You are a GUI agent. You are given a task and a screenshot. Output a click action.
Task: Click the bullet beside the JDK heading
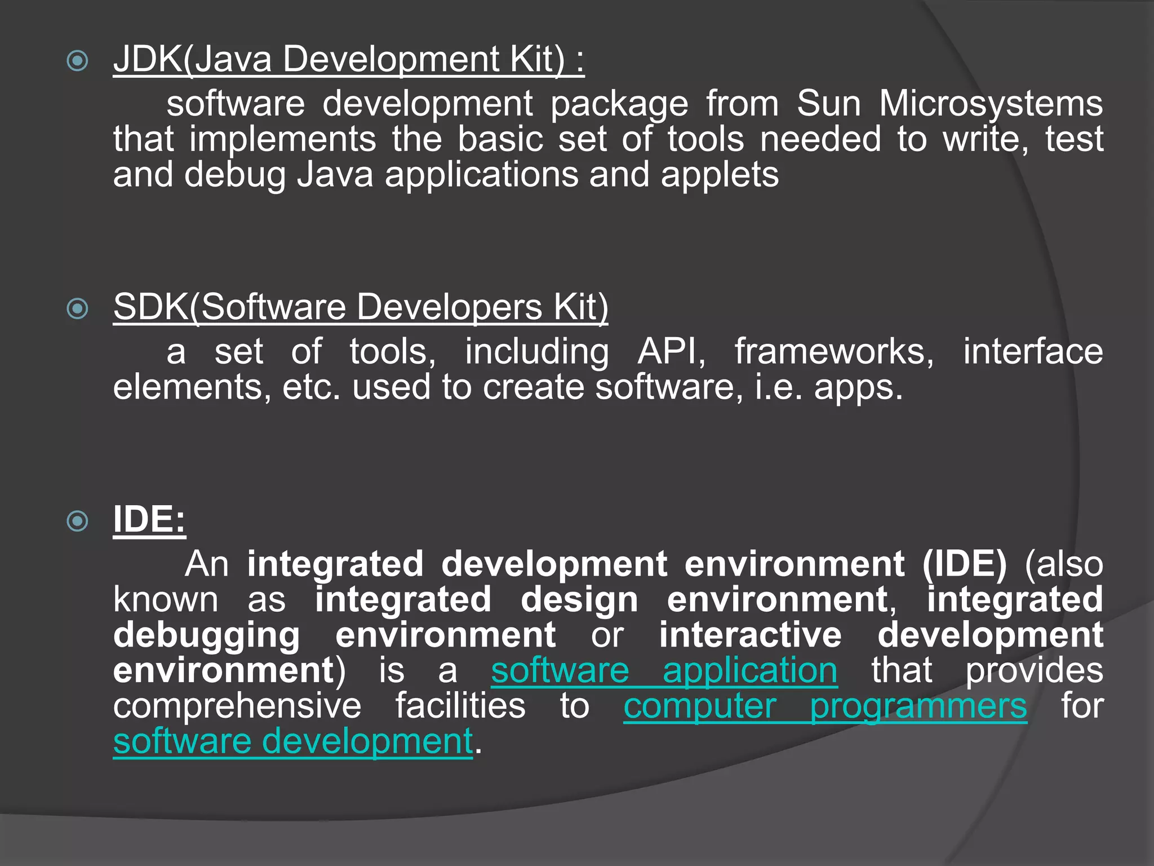pos(77,61)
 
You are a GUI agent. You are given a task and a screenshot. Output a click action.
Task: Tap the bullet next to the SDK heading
pos(77,308)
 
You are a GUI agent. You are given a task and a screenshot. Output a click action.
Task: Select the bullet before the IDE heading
pos(77,521)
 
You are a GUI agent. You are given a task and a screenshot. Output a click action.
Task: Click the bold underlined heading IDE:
pos(149,519)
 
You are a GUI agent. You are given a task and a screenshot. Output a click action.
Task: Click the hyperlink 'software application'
pos(664,671)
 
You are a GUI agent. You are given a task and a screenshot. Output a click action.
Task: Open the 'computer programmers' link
pos(825,706)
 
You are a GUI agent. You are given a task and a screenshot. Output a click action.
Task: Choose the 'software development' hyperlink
pos(293,741)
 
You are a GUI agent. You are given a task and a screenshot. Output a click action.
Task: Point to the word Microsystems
pos(991,104)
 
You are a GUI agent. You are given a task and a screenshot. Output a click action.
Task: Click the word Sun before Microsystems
pos(829,104)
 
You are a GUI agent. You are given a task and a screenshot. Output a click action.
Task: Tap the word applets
pos(720,175)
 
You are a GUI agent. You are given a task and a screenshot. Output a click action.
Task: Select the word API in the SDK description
pos(671,352)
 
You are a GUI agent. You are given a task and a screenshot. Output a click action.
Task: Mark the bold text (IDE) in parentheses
pos(964,564)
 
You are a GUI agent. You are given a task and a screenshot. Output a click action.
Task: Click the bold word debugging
pos(207,636)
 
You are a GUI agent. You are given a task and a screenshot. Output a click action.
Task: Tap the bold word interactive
pos(751,635)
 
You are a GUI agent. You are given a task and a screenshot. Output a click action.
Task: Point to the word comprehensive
pos(237,706)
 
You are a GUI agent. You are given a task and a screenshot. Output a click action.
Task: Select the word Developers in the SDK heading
pos(449,307)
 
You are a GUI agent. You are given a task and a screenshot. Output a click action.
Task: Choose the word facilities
pos(460,706)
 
